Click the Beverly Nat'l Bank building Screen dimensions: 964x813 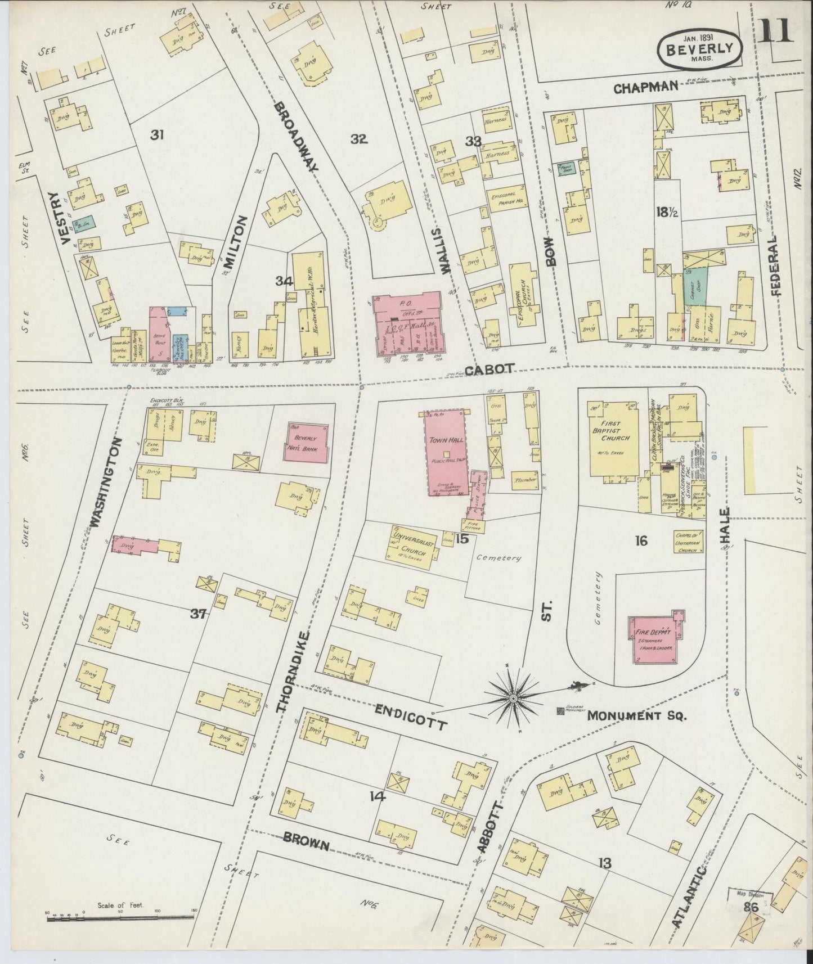[x=307, y=442]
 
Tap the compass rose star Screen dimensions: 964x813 [x=513, y=698]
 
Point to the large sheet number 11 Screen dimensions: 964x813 [x=775, y=29]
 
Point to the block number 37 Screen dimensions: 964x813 [x=198, y=614]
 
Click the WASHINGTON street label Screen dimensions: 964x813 [x=106, y=481]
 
